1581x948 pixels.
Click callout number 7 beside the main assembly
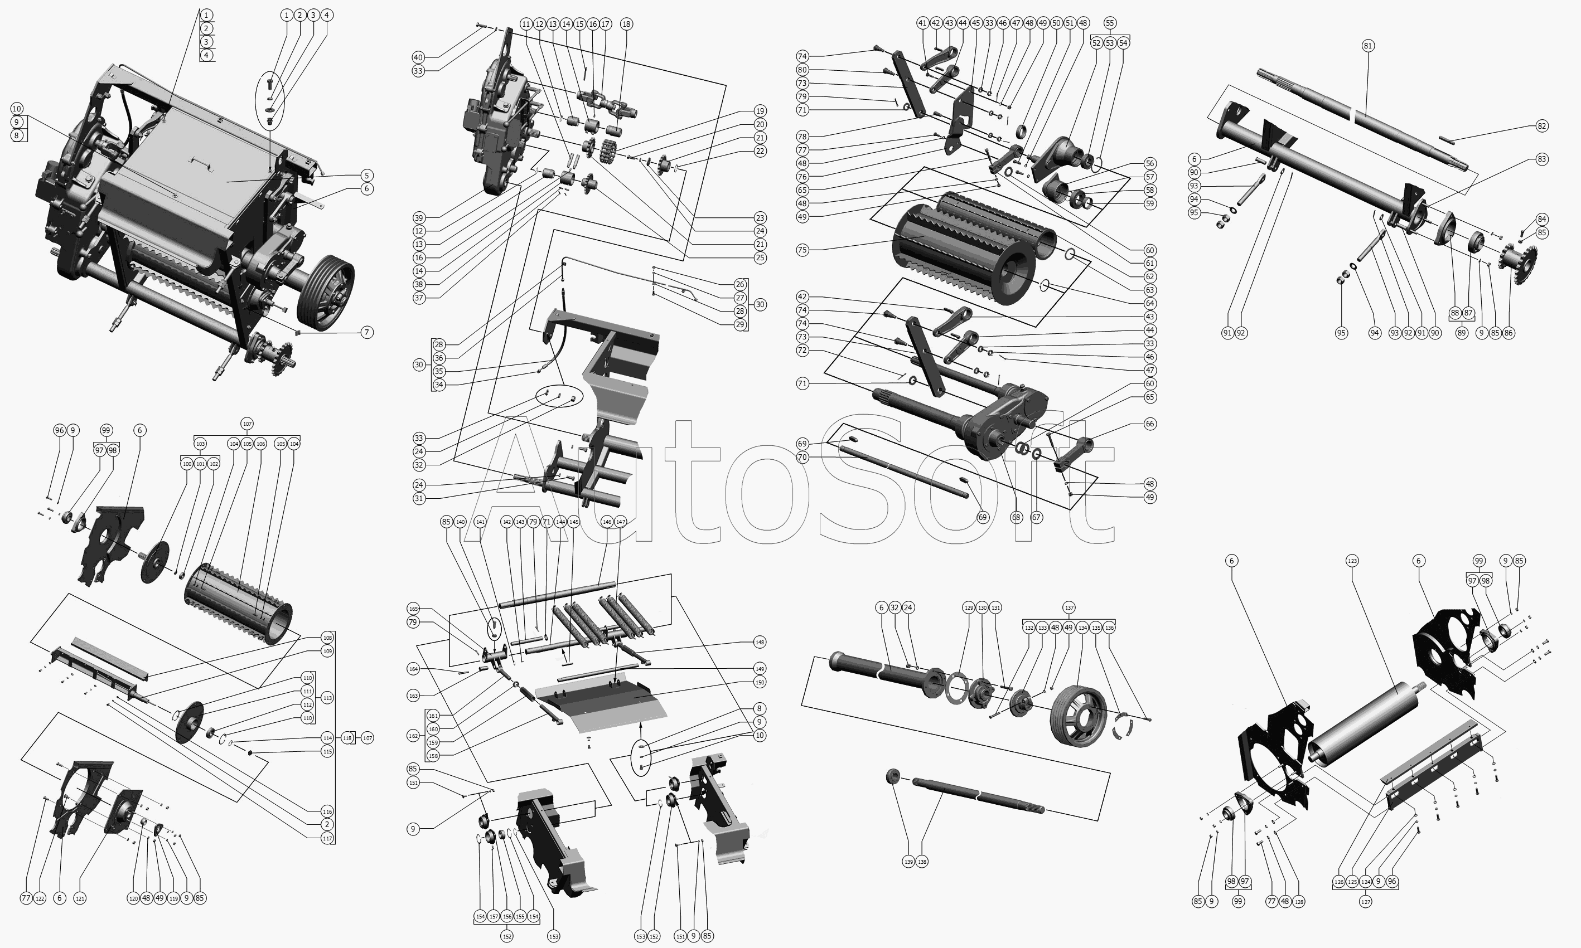367,332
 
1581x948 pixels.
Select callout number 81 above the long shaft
1367,45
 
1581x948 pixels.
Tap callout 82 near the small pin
1542,126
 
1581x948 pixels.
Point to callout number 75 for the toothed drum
802,250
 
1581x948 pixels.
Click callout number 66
1150,424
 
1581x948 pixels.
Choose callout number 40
418,57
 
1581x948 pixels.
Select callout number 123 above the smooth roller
1352,561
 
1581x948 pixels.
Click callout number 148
759,642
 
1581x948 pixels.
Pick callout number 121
80,899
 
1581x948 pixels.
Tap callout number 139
908,862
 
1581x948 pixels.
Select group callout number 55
1110,23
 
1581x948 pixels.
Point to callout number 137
1069,607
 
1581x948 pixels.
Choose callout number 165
413,609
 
